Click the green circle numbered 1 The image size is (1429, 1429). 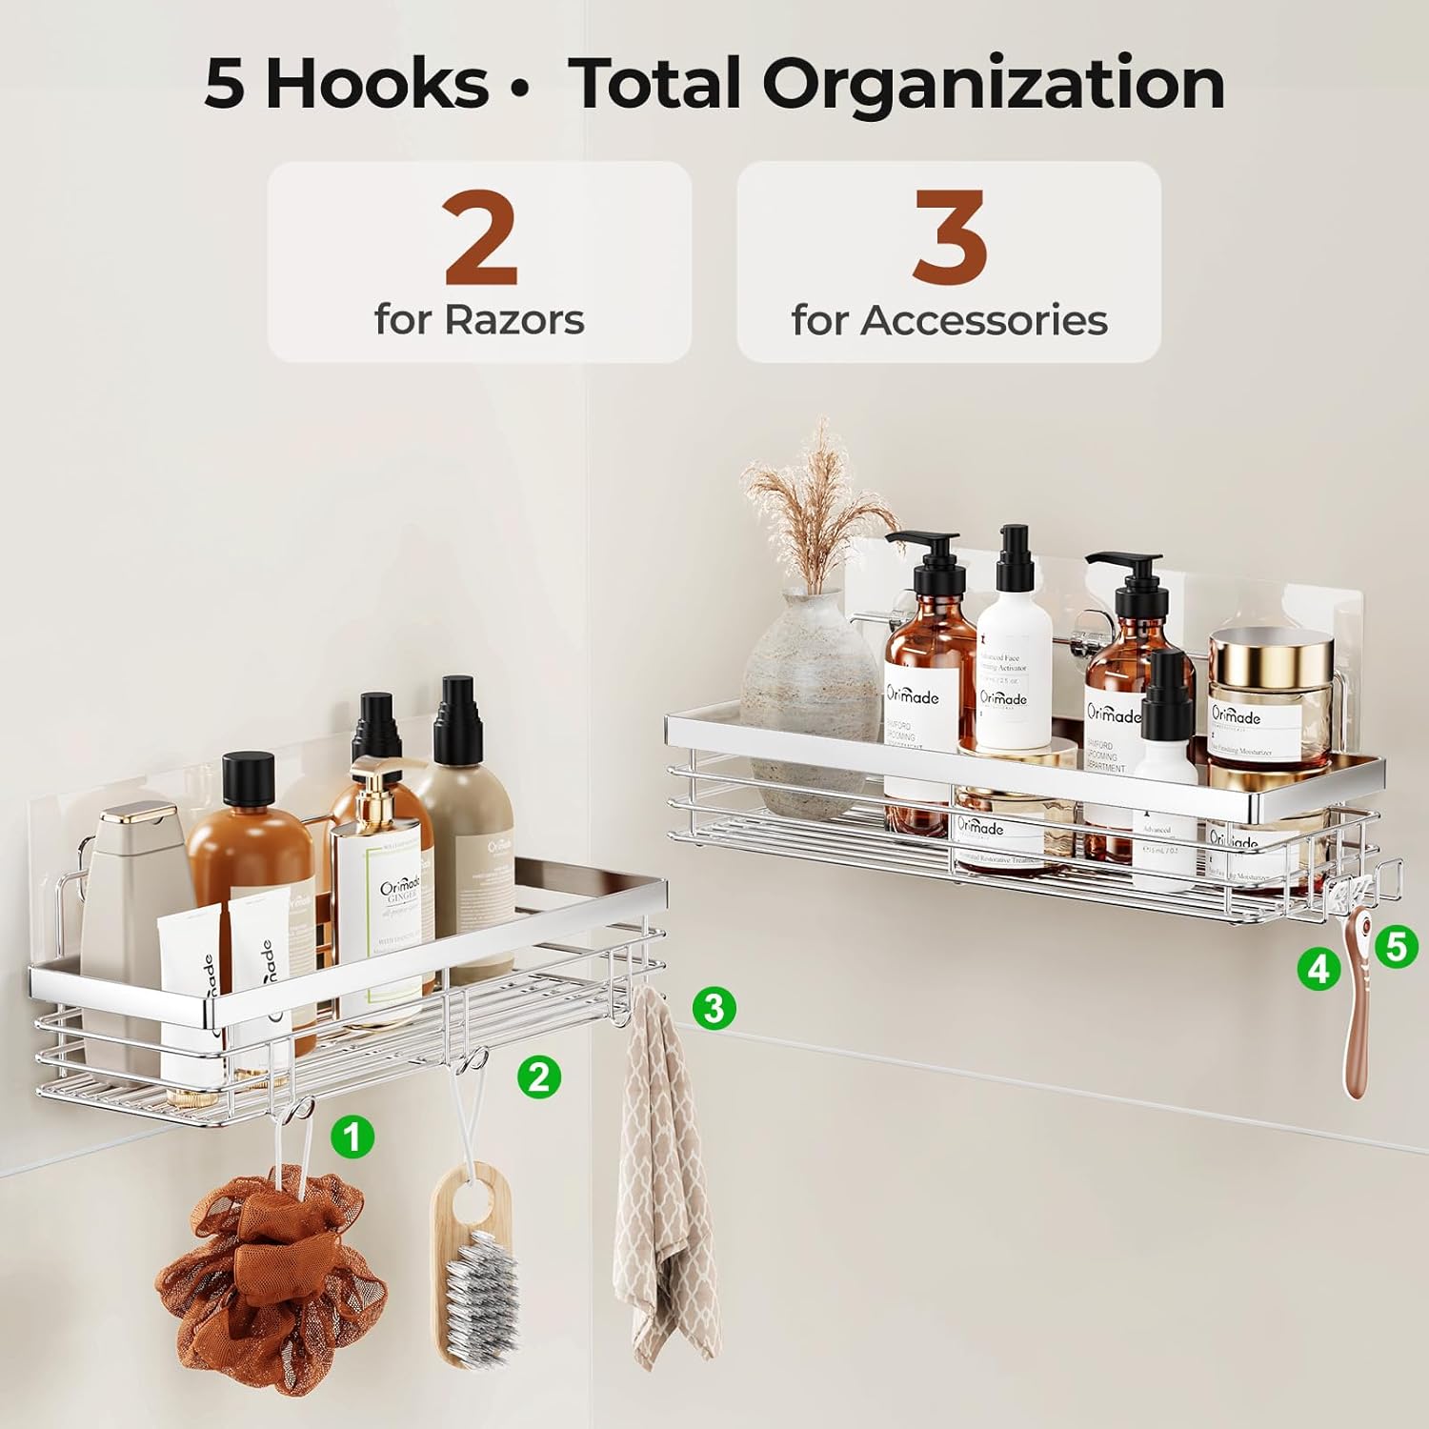pyautogui.click(x=352, y=1137)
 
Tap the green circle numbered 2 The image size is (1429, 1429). pyautogui.click(x=538, y=1077)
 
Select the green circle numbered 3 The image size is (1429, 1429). pyautogui.click(x=714, y=1007)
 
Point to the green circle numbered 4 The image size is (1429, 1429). pyautogui.click(x=1318, y=969)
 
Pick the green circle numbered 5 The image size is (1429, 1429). pyautogui.click(x=1396, y=947)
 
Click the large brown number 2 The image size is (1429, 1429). pyautogui.click(x=480, y=238)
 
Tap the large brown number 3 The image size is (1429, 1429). pyautogui.click(x=950, y=238)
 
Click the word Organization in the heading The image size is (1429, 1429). pyautogui.click(x=993, y=84)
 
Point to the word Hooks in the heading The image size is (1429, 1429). pyautogui.click(x=375, y=84)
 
